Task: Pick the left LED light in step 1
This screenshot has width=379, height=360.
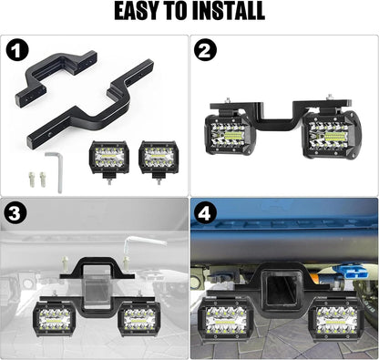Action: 108,157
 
